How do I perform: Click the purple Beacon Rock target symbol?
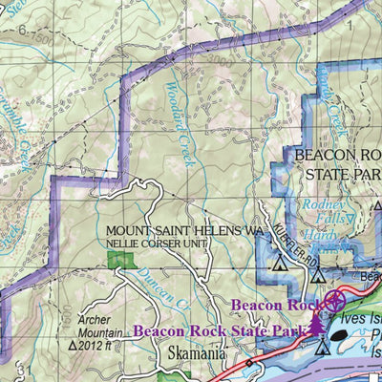[333, 303]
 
